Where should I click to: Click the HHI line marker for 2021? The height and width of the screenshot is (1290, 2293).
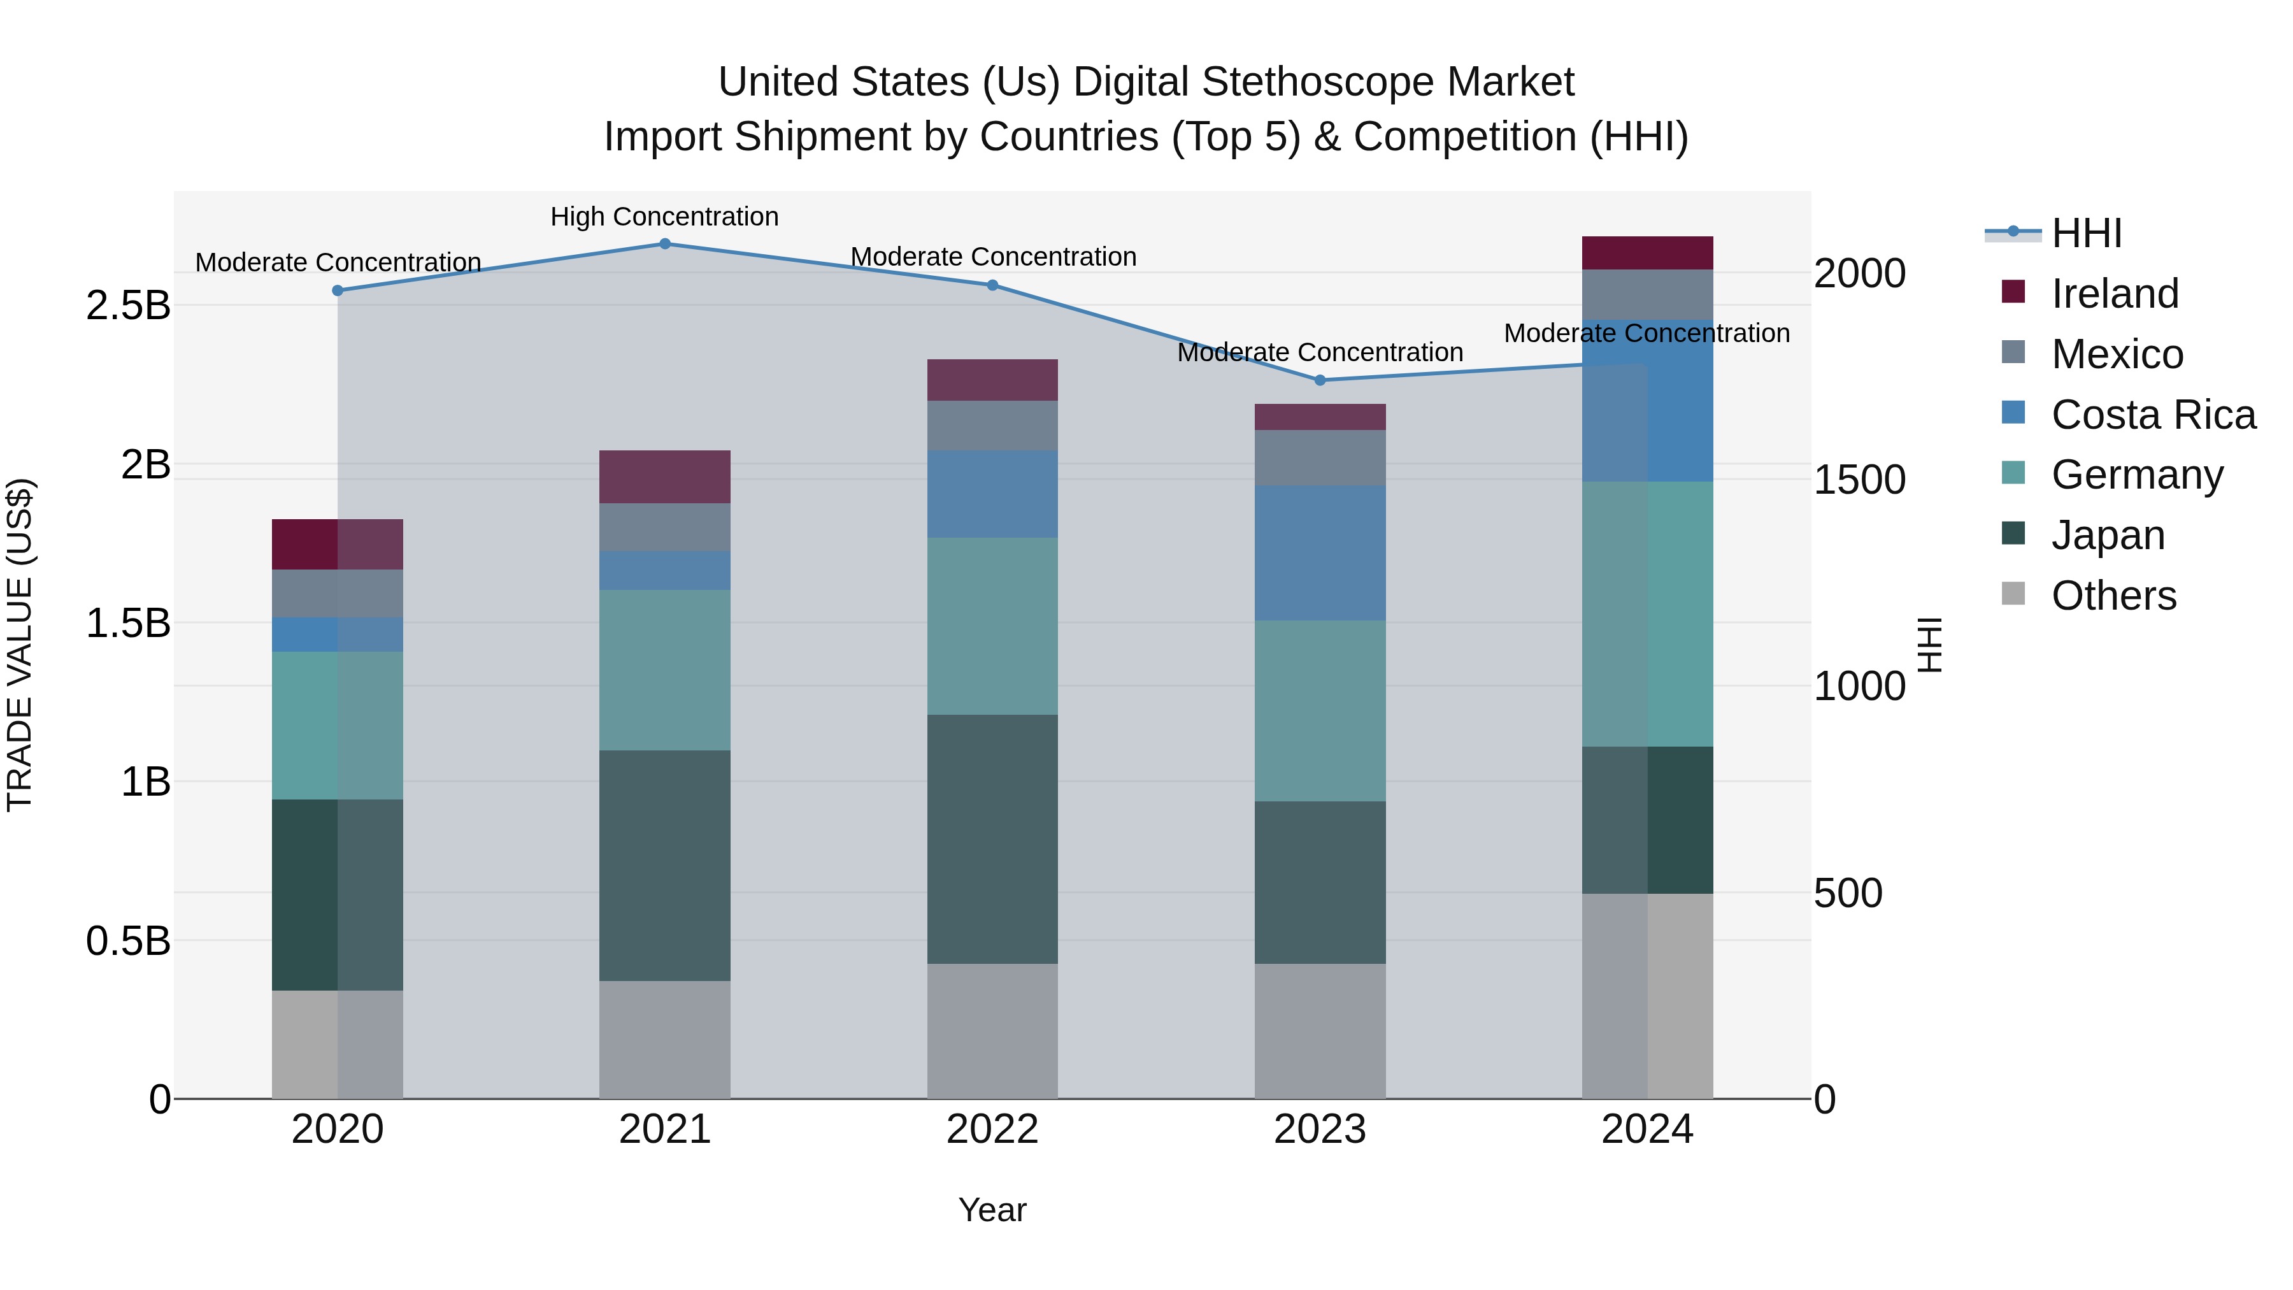tap(665, 244)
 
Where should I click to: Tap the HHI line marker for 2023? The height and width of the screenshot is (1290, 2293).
tap(1320, 380)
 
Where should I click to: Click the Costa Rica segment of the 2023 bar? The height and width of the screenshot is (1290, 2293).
tap(1320, 553)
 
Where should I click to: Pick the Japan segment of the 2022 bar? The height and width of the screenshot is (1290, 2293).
tap(992, 838)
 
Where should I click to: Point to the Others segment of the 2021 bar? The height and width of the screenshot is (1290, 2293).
tap(665, 1039)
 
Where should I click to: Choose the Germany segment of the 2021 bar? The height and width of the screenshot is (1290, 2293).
tap(665, 670)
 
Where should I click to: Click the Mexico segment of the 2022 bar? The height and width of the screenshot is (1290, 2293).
tap(992, 426)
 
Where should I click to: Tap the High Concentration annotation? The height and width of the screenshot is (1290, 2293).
tap(664, 217)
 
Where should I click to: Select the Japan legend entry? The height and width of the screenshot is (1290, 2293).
tap(2108, 535)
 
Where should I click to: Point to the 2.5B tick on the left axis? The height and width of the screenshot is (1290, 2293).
tap(128, 305)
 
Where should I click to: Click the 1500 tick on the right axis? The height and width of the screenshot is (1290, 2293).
tap(1859, 480)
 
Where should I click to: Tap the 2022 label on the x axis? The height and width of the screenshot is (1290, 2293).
tap(992, 1129)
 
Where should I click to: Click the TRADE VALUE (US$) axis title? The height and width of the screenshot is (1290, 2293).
tap(20, 645)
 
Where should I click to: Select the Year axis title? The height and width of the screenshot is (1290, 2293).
tap(992, 1210)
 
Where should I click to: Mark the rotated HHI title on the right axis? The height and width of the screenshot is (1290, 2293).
tap(1928, 645)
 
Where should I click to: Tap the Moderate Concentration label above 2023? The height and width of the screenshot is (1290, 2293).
tap(1320, 352)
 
